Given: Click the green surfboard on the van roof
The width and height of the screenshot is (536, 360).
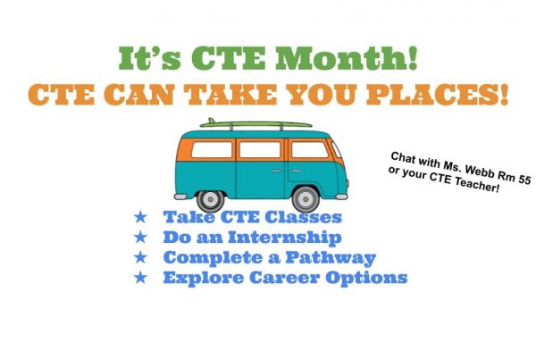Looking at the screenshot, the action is tap(255, 123).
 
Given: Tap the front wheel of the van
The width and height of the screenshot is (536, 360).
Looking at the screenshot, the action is tap(306, 199).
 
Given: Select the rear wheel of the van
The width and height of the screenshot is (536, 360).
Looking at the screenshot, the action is tap(211, 199).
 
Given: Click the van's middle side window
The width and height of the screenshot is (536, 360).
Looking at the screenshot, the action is tap(260, 149).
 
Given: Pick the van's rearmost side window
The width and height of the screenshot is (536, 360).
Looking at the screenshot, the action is tap(212, 149).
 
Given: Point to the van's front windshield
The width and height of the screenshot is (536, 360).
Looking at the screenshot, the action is tap(337, 149).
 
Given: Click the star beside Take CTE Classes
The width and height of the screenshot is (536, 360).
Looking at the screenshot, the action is tap(140, 217).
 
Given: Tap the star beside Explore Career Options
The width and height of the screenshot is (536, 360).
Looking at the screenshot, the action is tap(140, 277).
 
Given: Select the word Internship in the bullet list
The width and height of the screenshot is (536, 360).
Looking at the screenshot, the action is tap(285, 238).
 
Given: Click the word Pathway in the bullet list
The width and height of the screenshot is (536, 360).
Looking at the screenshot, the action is tap(331, 258).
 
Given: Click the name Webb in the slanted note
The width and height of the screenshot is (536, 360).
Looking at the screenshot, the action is tap(483, 171).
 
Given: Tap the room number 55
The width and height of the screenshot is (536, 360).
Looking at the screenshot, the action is tap(524, 180).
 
